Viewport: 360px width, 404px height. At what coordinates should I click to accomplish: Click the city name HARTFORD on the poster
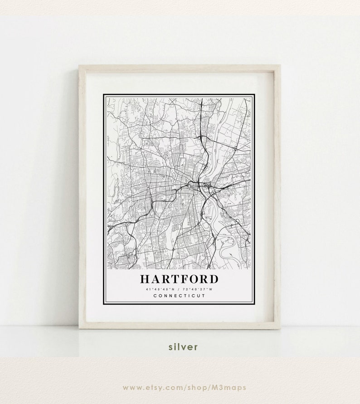coord(179,278)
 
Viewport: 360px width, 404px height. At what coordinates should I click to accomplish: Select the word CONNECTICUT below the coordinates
coord(179,296)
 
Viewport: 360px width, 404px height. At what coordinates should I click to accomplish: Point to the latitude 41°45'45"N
coord(160,289)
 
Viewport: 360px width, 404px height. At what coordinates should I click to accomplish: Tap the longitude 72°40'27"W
coord(198,289)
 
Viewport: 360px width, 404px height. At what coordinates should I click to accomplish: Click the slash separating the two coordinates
coord(179,289)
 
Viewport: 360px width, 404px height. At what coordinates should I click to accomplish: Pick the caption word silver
coord(183,347)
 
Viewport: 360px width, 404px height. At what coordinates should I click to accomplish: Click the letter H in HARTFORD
coord(145,278)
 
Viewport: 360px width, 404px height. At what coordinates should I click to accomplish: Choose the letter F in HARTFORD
coord(182,278)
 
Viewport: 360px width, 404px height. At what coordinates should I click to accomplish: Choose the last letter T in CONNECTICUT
coord(204,296)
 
